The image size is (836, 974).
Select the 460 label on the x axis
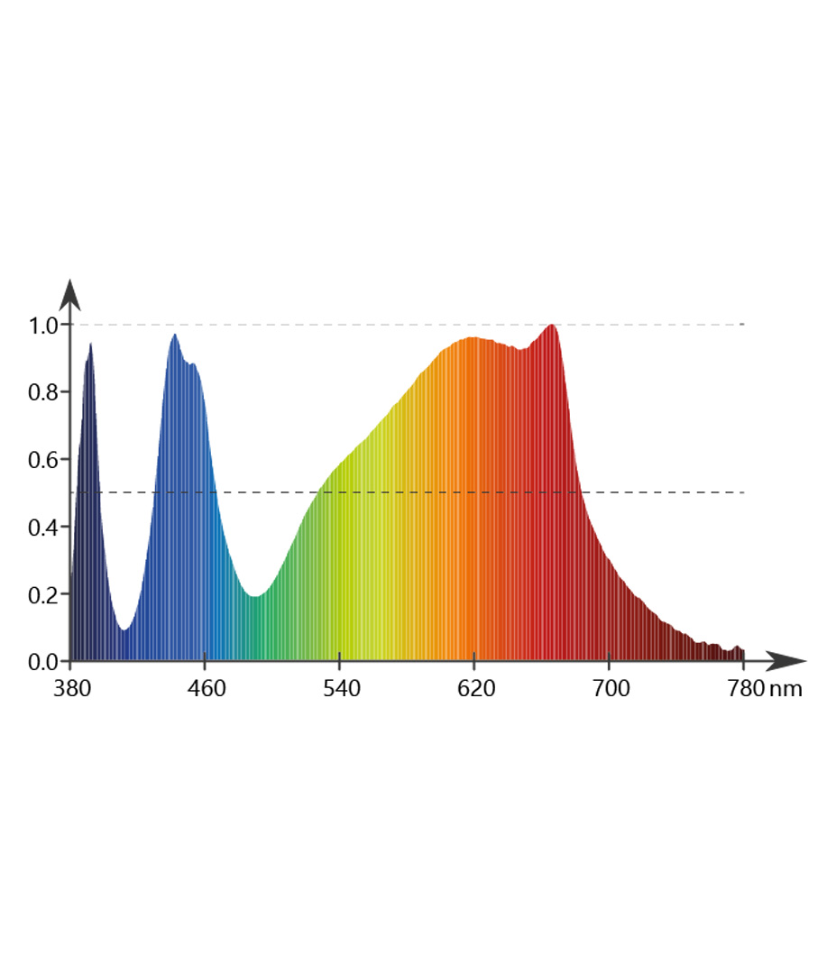coord(207,690)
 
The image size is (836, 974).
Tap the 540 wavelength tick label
coord(341,690)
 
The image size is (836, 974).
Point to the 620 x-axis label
coord(475,690)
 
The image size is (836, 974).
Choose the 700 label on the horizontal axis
coord(610,690)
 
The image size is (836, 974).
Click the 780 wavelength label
coord(743,690)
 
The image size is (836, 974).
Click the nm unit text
coord(785,690)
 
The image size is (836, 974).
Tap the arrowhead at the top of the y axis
coord(69,294)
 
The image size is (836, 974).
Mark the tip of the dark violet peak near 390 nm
coord(90,344)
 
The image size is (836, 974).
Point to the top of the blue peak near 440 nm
coord(174,335)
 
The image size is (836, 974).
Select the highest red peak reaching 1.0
coord(552,325)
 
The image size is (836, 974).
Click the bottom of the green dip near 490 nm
coord(256,596)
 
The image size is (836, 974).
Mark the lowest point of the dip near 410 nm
coord(124,629)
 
